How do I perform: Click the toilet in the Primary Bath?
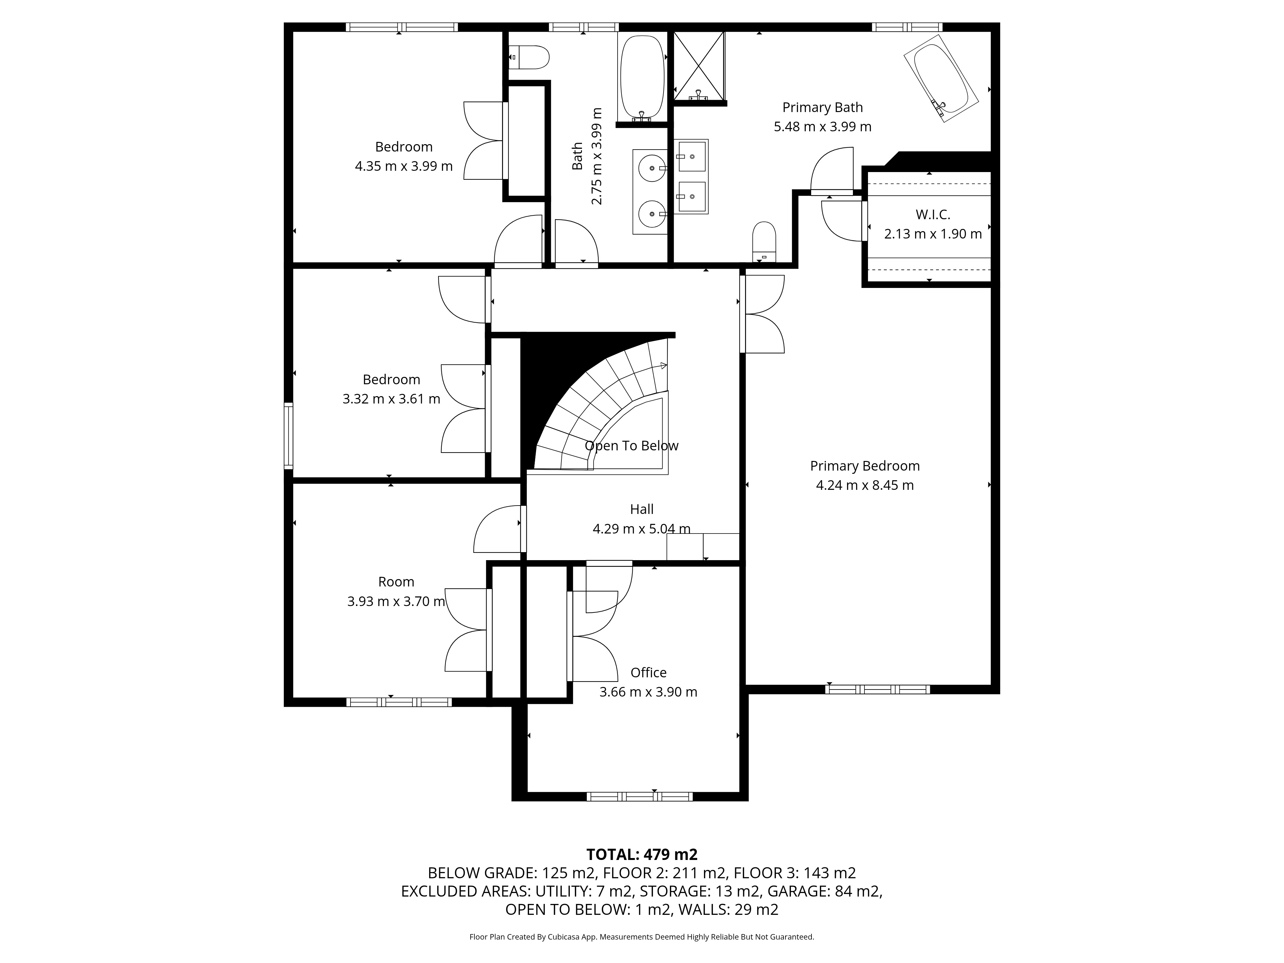(x=764, y=241)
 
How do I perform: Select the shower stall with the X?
(x=699, y=65)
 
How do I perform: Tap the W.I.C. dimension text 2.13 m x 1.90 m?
(x=933, y=234)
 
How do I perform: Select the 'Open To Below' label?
(x=631, y=446)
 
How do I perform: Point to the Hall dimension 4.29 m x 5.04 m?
(x=641, y=529)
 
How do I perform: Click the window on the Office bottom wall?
(x=639, y=796)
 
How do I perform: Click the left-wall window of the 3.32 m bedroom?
(x=289, y=435)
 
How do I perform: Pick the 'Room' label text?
(x=396, y=582)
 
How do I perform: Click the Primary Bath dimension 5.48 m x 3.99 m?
(x=822, y=126)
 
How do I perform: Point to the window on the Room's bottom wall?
(x=399, y=702)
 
